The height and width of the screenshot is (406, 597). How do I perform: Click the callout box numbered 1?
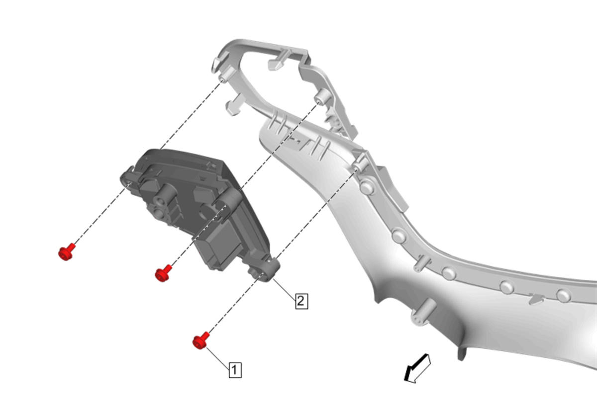point(235,370)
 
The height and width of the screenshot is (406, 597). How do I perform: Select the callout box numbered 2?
point(301,301)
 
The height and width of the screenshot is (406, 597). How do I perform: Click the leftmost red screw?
point(66,252)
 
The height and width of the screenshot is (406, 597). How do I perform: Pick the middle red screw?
point(163,273)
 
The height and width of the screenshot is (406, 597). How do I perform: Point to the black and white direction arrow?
point(417,369)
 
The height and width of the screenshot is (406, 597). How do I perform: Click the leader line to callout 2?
point(284,290)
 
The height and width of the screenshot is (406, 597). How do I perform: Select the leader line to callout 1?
point(217,358)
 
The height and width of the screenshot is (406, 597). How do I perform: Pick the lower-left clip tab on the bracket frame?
point(234,105)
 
